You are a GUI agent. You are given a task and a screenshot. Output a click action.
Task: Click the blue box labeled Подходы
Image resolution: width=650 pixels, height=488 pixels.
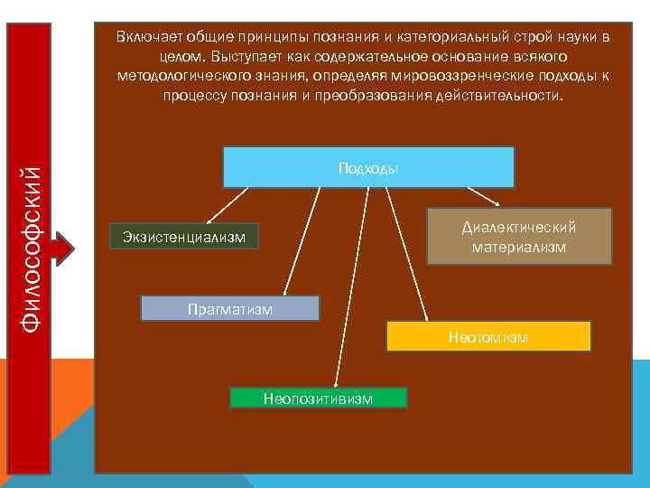368,167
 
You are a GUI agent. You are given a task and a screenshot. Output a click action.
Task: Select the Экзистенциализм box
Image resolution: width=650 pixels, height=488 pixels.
184,237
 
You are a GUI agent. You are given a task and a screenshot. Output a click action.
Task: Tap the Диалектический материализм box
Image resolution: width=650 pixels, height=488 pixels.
519,237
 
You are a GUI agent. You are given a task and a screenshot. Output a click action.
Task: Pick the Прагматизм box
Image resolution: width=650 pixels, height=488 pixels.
230,308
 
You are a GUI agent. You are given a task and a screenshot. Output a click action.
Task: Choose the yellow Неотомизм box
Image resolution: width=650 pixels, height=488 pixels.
488,336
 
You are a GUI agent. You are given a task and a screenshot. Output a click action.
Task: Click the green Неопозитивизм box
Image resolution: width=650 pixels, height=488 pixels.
318,398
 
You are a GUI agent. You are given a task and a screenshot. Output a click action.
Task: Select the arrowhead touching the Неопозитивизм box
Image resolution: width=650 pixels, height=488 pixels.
336,384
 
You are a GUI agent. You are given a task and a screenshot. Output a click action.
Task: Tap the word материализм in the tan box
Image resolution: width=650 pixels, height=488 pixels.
519,246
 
